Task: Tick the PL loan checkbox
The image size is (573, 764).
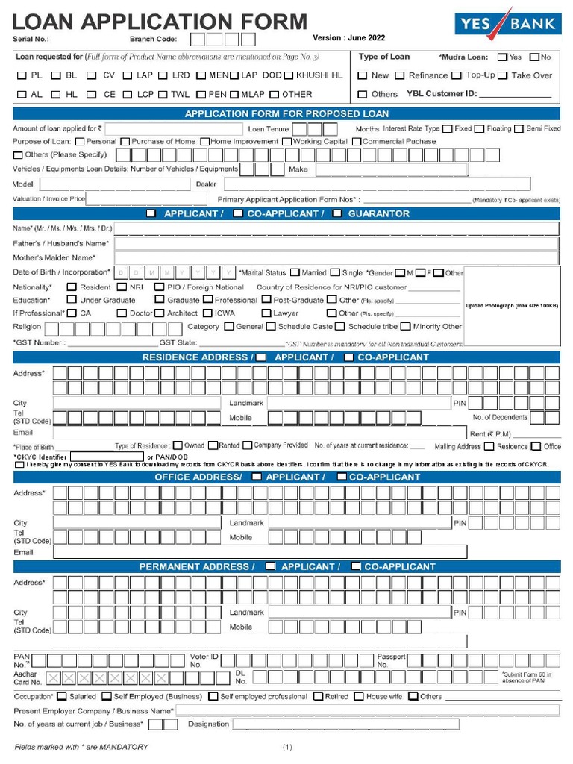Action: [x=22, y=75]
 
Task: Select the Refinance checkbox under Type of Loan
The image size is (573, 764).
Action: [x=400, y=75]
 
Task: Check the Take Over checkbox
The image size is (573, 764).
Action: [x=503, y=75]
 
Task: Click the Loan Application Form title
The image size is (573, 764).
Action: [x=160, y=22]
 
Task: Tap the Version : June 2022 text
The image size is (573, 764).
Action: [x=348, y=38]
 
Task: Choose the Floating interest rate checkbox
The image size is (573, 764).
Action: [x=479, y=129]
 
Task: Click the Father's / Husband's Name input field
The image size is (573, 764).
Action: [x=336, y=243]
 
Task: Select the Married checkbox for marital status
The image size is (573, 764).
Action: [x=295, y=273]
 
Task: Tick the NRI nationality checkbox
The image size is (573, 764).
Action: [x=122, y=287]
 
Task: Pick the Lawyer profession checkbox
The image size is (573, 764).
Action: [x=266, y=313]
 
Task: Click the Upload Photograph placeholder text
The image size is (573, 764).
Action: [x=512, y=306]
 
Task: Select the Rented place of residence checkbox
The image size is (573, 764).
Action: [x=213, y=445]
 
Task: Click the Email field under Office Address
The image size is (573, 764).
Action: [x=260, y=552]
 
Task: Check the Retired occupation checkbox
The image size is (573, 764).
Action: [x=319, y=697]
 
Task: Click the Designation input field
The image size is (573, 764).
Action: [x=345, y=724]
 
